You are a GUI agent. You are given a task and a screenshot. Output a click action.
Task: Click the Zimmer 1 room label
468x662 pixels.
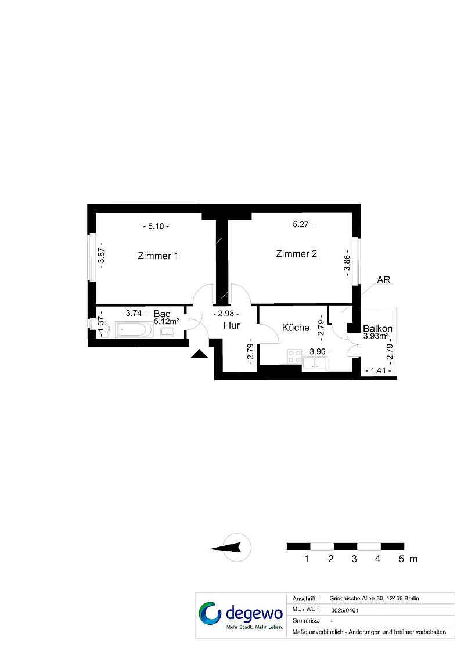[x=158, y=256]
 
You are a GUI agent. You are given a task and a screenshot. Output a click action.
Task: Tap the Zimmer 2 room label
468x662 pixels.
[x=296, y=254]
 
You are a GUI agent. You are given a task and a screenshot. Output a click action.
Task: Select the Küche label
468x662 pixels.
[x=296, y=328]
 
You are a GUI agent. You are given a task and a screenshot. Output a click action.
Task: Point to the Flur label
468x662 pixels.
[x=231, y=326]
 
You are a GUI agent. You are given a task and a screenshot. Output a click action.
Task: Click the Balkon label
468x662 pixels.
[x=377, y=329]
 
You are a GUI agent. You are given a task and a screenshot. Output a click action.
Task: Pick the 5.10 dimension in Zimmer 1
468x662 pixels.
[x=156, y=226]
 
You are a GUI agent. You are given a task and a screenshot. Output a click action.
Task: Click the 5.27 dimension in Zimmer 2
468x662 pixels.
[x=300, y=225]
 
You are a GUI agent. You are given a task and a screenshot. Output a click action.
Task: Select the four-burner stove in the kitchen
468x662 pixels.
[x=294, y=356]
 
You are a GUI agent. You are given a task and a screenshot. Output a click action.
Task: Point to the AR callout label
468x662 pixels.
[x=384, y=280]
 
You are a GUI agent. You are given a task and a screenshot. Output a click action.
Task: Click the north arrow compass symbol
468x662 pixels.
[x=232, y=548]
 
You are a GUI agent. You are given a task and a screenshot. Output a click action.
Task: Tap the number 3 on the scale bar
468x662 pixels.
[x=354, y=559]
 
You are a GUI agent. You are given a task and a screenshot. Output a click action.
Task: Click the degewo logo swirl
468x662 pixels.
[x=210, y=613]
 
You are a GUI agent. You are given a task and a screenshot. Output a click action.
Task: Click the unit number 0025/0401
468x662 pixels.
[x=345, y=610]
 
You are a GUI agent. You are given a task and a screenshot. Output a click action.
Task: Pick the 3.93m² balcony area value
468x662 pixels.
[x=376, y=336]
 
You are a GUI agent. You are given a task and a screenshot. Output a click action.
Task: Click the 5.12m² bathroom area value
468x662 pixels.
[x=166, y=321]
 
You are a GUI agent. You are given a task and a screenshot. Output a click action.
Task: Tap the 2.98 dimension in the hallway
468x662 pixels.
[x=226, y=314]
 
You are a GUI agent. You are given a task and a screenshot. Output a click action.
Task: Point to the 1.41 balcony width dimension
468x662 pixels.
[x=378, y=370]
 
